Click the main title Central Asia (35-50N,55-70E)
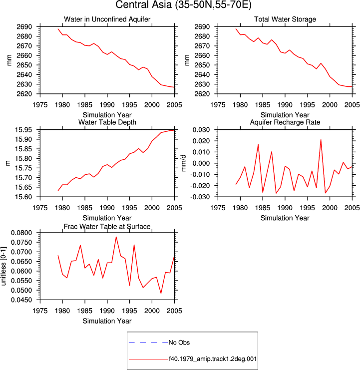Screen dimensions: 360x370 click(x=183, y=4)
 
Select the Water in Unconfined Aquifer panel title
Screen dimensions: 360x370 click(x=107, y=19)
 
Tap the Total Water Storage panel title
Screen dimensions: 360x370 click(x=285, y=19)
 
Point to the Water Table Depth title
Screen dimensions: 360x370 click(x=107, y=122)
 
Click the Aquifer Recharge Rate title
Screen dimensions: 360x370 click(x=285, y=122)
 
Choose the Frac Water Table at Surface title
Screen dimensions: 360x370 click(x=107, y=227)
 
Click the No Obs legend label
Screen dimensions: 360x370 click(x=179, y=343)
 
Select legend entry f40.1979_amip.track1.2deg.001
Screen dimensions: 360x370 click(x=213, y=359)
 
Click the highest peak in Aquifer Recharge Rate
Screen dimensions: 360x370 click(x=321, y=140)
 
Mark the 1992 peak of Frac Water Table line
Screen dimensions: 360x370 click(x=116, y=237)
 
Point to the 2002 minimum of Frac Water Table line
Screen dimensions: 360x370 click(x=161, y=293)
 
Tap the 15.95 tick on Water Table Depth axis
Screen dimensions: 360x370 click(x=23, y=130)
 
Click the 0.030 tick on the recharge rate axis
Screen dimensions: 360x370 click(x=201, y=130)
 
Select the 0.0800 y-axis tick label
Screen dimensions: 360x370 click(x=21, y=233)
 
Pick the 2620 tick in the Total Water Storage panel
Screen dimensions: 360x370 click(x=202, y=94)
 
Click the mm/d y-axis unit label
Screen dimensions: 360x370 click(x=184, y=163)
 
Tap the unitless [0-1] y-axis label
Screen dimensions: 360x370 click(x=3, y=266)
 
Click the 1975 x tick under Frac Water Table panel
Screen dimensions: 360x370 click(x=40, y=311)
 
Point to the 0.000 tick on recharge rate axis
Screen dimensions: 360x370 click(x=201, y=163)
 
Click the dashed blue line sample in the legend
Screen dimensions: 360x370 click(x=148, y=342)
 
